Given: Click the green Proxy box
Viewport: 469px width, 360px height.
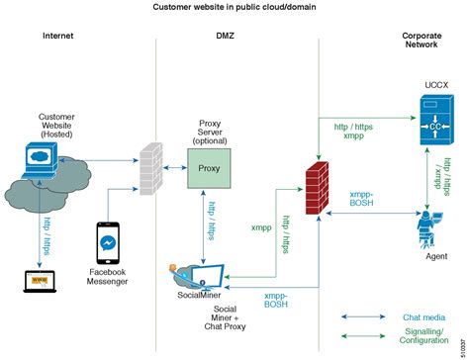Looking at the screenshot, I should pyautogui.click(x=210, y=168).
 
